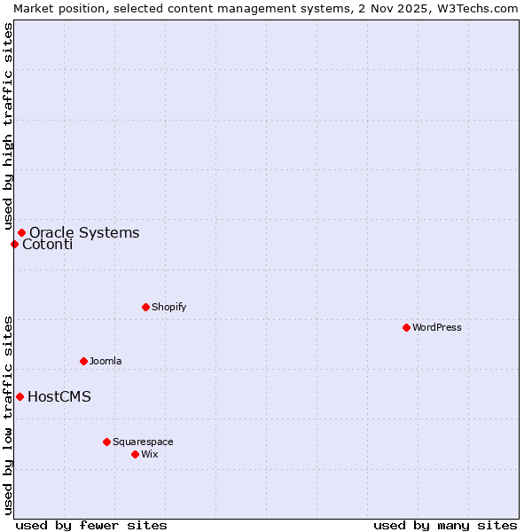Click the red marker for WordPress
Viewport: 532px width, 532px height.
tap(406, 327)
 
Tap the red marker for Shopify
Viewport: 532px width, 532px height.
tap(145, 307)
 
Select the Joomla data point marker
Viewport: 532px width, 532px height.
tap(83, 361)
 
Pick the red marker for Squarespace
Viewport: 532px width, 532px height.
tap(106, 442)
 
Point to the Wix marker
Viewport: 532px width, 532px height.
tap(135, 454)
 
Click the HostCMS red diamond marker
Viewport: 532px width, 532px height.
tap(20, 396)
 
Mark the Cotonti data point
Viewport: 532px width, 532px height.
tap(14, 244)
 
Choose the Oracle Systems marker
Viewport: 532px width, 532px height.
tap(21, 232)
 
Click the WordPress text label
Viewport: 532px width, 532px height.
tap(437, 327)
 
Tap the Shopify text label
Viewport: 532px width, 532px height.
tap(168, 307)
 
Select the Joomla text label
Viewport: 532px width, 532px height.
tap(106, 361)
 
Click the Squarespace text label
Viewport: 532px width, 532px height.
tap(143, 442)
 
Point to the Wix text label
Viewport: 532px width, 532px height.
tap(149, 454)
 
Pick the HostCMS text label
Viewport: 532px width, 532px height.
tap(59, 396)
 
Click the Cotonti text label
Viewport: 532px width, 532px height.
tap(47, 245)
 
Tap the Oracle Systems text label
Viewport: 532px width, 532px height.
tap(84, 232)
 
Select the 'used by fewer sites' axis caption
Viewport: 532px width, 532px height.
tap(91, 525)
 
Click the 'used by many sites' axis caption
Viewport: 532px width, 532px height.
tap(445, 525)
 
